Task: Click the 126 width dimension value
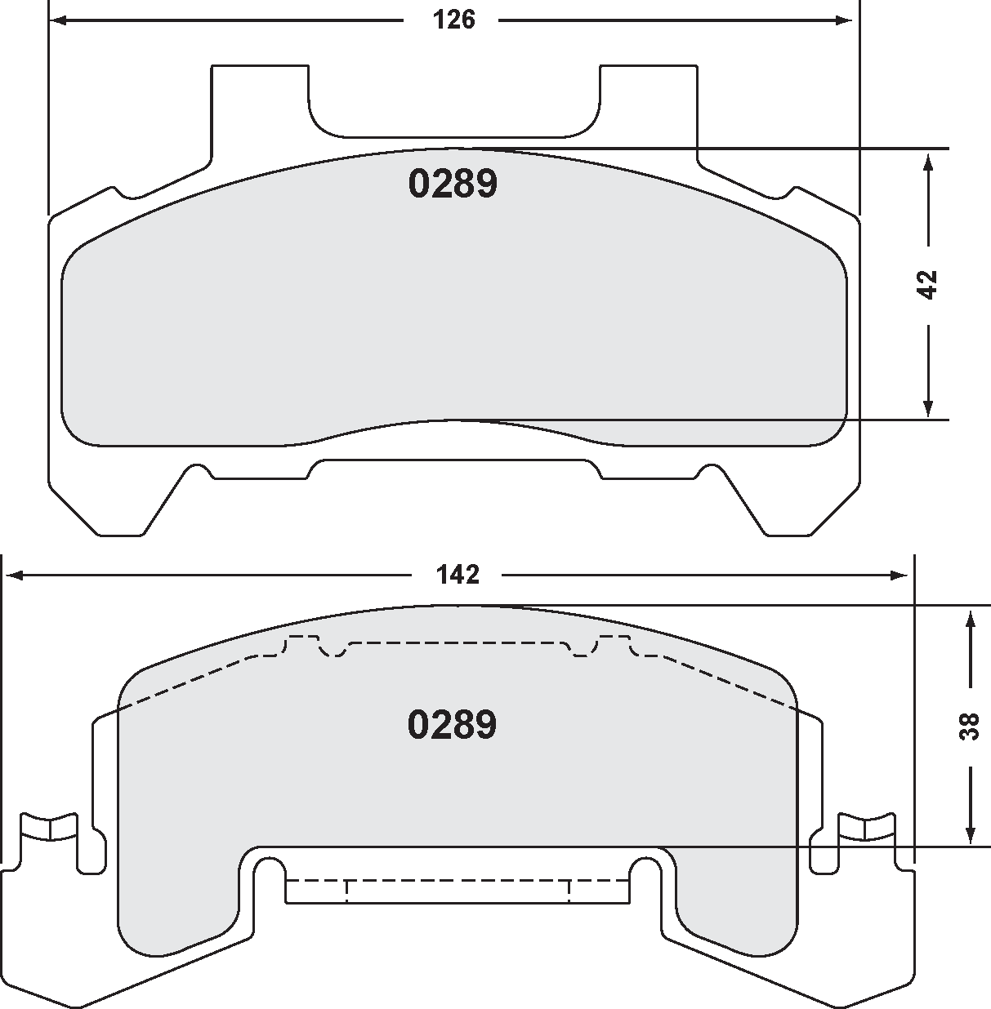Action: point(454,20)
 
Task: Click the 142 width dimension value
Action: point(458,575)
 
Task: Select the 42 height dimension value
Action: point(928,283)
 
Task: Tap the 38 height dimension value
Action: point(970,726)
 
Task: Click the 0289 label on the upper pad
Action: point(453,184)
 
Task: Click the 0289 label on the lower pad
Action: point(452,724)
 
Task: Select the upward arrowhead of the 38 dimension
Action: point(970,618)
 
